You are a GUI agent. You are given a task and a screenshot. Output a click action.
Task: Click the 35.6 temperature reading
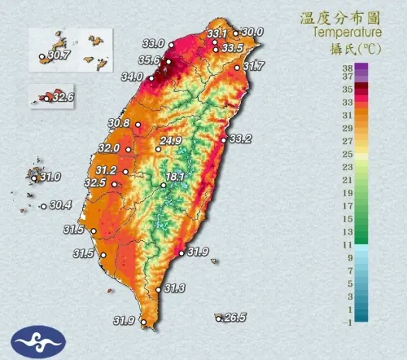(x=148, y=59)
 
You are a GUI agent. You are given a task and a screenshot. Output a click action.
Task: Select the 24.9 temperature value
(x=170, y=141)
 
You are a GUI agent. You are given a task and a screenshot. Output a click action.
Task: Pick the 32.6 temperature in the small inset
(x=63, y=97)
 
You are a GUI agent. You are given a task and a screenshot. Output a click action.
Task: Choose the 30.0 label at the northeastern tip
(x=252, y=32)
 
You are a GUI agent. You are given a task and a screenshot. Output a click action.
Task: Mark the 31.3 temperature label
(x=174, y=288)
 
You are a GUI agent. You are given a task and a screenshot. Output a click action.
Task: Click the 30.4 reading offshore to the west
(x=60, y=205)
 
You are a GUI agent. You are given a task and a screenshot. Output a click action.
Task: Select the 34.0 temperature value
(x=131, y=77)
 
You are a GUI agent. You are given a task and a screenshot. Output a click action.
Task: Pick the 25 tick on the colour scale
(x=346, y=154)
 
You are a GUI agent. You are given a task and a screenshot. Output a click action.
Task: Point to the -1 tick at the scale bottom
(x=346, y=322)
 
